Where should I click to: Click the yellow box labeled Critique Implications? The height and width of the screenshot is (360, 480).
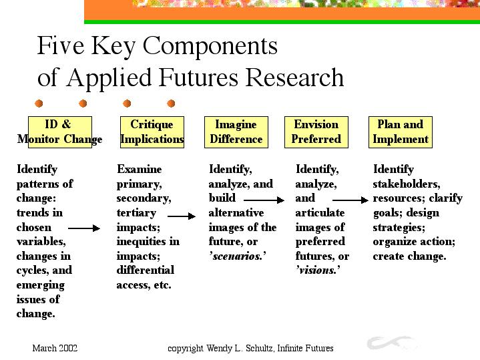click(x=152, y=132)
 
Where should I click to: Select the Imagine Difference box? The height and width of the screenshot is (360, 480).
click(x=236, y=132)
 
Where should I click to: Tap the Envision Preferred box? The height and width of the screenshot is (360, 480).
click(x=316, y=132)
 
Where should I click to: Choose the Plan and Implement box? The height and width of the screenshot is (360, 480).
click(x=401, y=132)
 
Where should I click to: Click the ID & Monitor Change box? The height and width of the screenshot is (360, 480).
click(x=60, y=132)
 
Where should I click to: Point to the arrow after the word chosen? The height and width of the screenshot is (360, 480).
click(x=84, y=228)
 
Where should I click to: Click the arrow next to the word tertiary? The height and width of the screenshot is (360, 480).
click(x=182, y=216)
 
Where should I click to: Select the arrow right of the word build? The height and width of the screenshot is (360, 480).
click(x=264, y=200)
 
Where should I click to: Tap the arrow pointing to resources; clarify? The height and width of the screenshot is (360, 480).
click(x=350, y=200)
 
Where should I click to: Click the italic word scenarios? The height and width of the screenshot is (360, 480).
click(x=238, y=256)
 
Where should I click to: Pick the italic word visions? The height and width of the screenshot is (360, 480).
click(x=318, y=271)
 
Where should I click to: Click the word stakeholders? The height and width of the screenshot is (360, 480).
click(x=406, y=184)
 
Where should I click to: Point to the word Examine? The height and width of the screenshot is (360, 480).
click(x=140, y=169)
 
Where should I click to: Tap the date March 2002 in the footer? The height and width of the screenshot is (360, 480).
click(x=55, y=348)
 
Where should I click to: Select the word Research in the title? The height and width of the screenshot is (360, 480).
click(x=294, y=77)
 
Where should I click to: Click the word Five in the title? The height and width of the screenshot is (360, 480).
click(x=61, y=45)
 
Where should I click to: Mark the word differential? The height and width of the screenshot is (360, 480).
click(x=146, y=271)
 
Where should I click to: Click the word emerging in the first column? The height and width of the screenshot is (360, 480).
click(x=41, y=285)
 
